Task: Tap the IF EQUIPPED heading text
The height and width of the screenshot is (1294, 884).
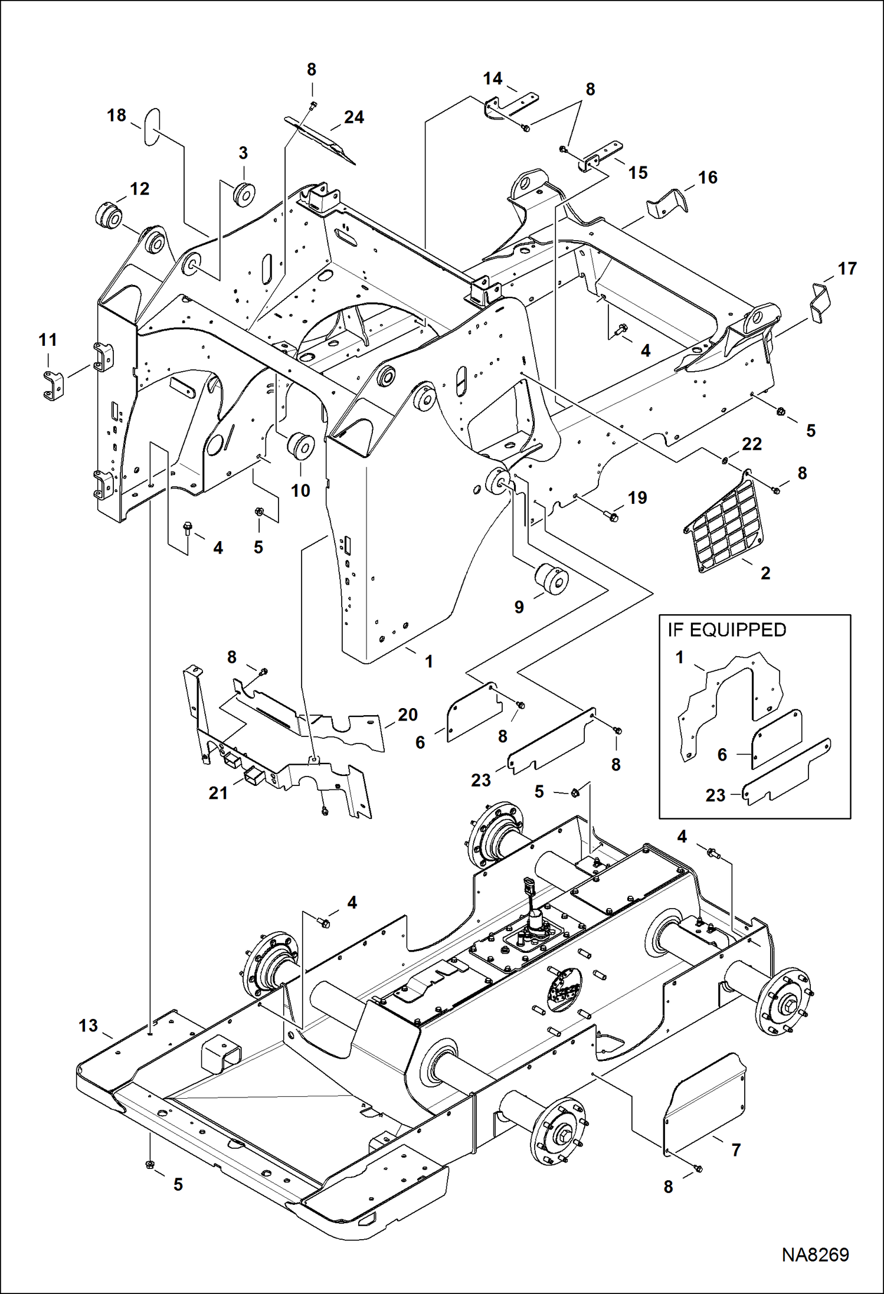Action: [726, 630]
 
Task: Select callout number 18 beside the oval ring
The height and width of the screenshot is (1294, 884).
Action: [116, 115]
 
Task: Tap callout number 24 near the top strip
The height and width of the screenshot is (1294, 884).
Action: [353, 117]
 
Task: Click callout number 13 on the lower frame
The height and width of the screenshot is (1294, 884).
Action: [88, 1026]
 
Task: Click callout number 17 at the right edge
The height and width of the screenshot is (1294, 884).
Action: [847, 268]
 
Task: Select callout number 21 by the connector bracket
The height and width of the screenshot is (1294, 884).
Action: [218, 793]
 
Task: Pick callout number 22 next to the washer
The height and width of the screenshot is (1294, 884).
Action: [751, 444]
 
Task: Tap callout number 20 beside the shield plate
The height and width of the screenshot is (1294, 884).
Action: [407, 715]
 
